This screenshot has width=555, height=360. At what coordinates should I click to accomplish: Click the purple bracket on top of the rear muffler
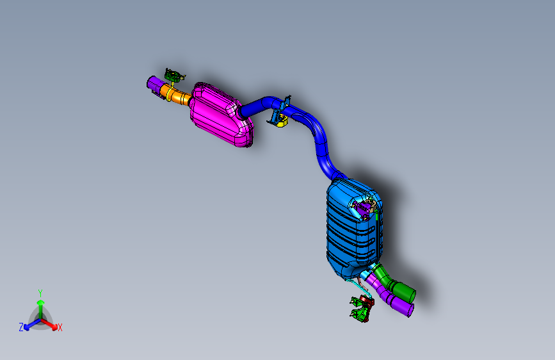click(364, 209)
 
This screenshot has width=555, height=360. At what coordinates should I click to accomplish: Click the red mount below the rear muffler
click(366, 300)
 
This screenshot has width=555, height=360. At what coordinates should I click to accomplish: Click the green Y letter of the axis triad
click(40, 291)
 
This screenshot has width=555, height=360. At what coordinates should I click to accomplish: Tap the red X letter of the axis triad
click(60, 327)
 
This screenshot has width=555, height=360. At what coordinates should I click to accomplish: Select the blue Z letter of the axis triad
click(21, 327)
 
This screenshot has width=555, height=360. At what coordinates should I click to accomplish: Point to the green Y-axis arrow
click(40, 304)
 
